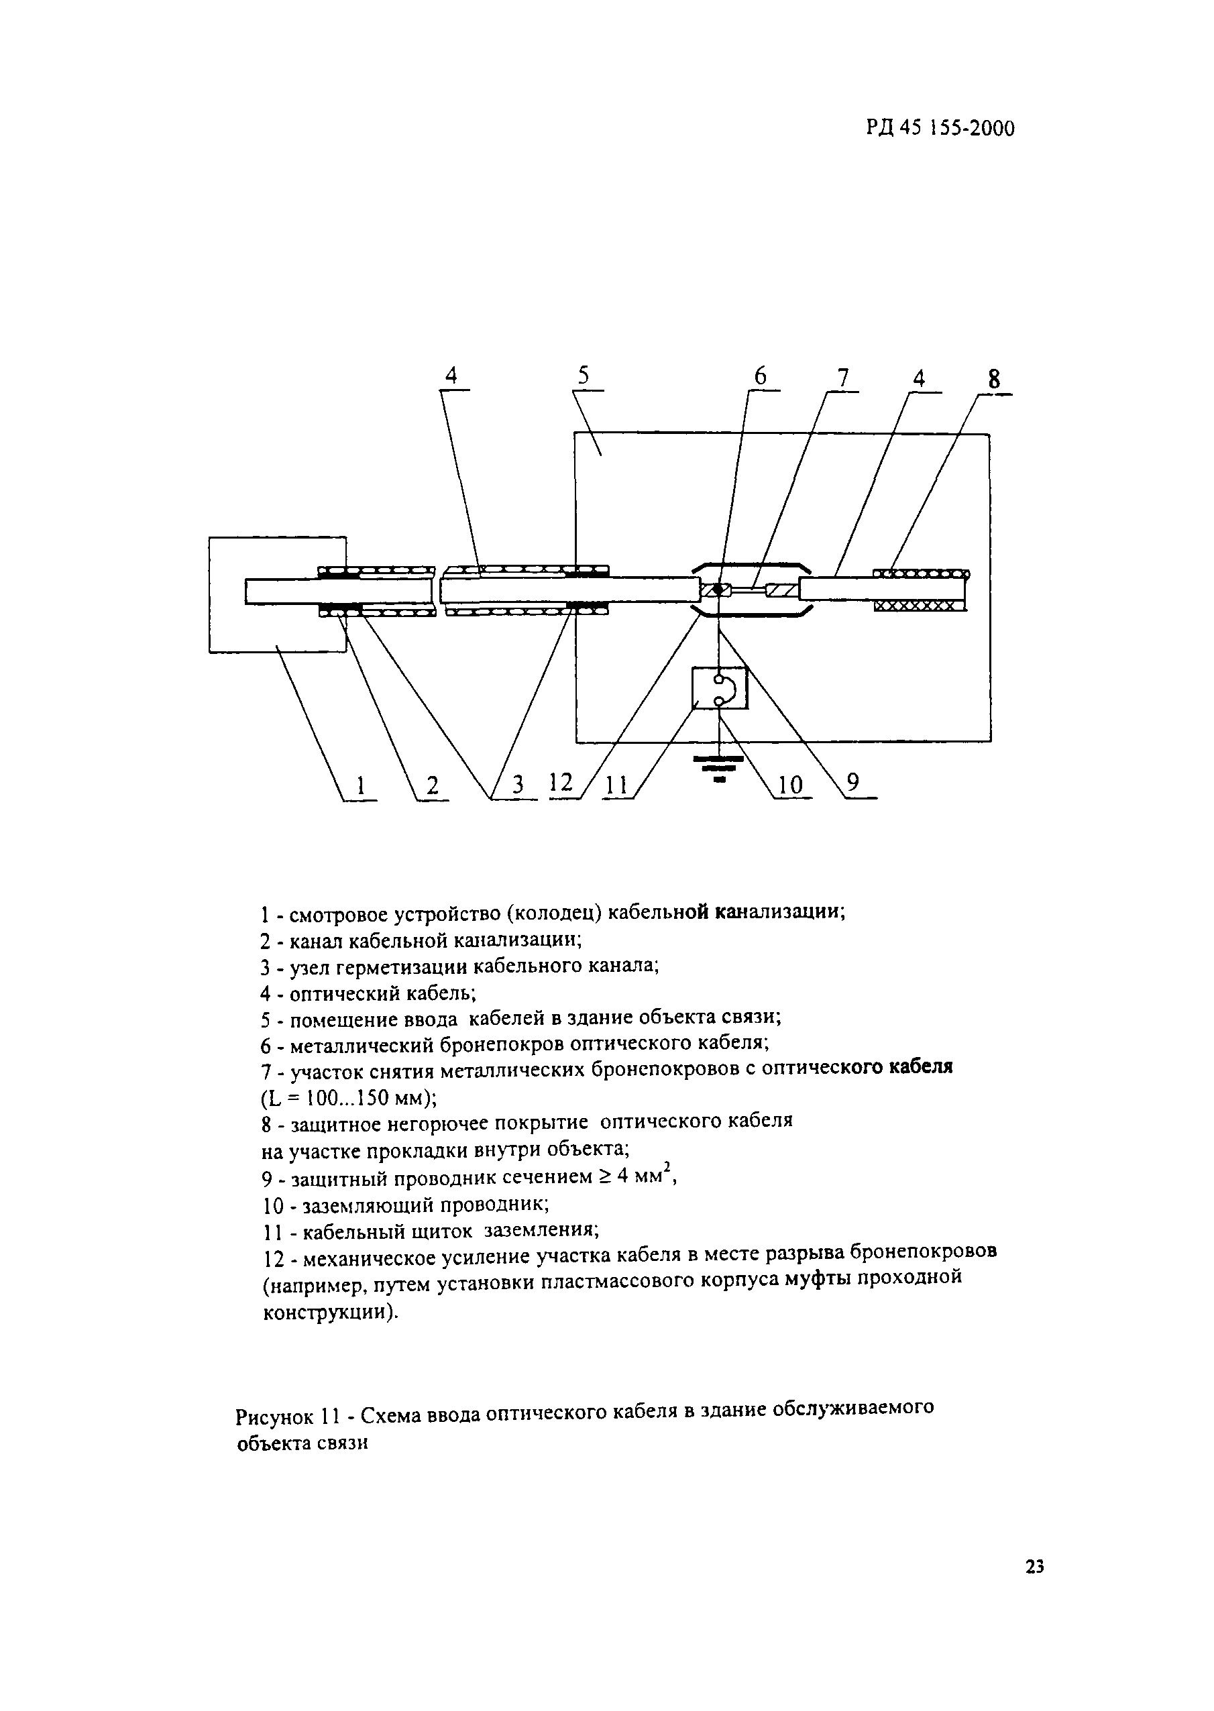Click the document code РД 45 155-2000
click(940, 129)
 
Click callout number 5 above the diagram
click(584, 377)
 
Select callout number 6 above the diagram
click(760, 377)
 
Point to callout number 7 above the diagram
click(843, 378)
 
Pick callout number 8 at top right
click(994, 380)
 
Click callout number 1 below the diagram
click(361, 785)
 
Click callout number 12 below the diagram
click(561, 783)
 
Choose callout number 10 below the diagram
click(789, 785)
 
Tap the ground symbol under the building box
click(718, 768)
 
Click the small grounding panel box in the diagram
click(719, 688)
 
